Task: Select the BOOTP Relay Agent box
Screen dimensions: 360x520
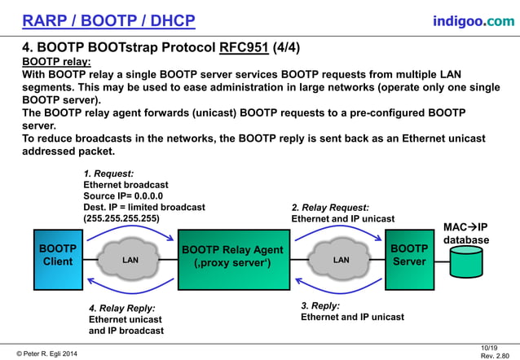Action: coord(232,260)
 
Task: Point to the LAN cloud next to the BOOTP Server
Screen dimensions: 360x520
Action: coord(341,261)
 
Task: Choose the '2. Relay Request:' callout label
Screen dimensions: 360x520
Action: coord(329,207)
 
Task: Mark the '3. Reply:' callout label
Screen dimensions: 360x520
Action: coord(324,305)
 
